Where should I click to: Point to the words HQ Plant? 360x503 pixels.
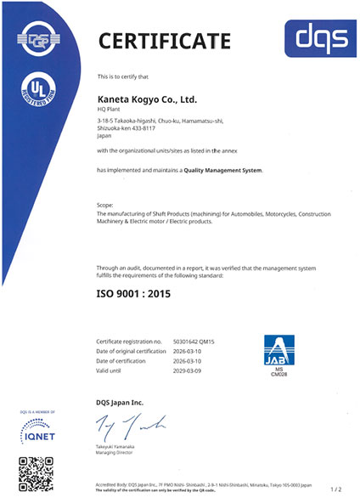point(110,110)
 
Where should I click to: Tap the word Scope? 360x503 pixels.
point(106,206)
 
